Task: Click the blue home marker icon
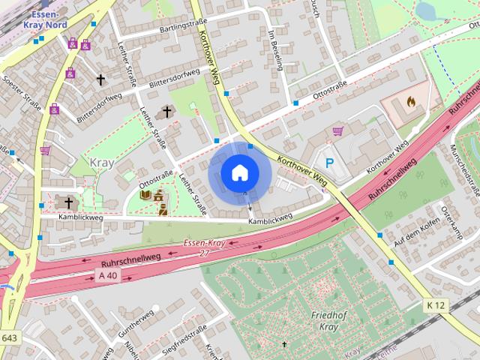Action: coord(238,173)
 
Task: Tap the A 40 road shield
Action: coord(107,275)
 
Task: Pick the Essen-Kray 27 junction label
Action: coord(205,247)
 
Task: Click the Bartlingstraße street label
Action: coord(161,31)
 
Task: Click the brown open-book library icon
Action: coord(145,196)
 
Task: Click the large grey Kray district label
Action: coord(103,163)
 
